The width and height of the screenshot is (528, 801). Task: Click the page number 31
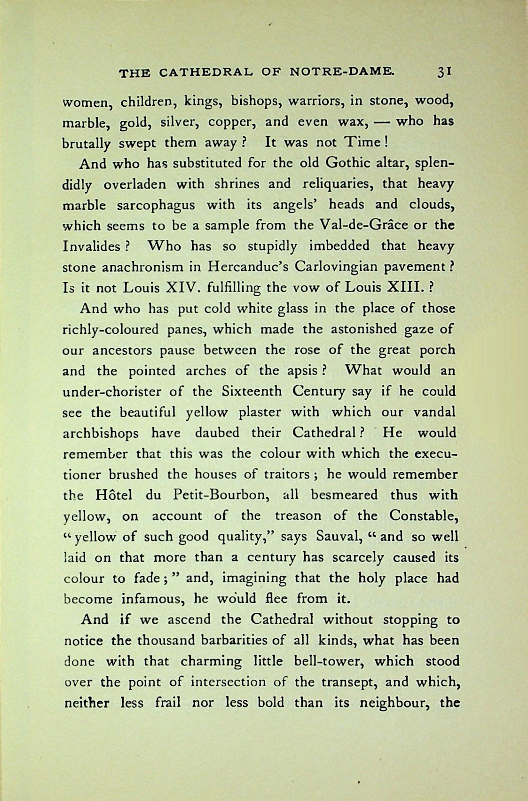[x=444, y=71]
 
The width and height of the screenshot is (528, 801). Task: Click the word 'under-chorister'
[x=112, y=391]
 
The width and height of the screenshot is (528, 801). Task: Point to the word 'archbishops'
[x=100, y=433]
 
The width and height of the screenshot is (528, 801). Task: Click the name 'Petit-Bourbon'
[x=218, y=495]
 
